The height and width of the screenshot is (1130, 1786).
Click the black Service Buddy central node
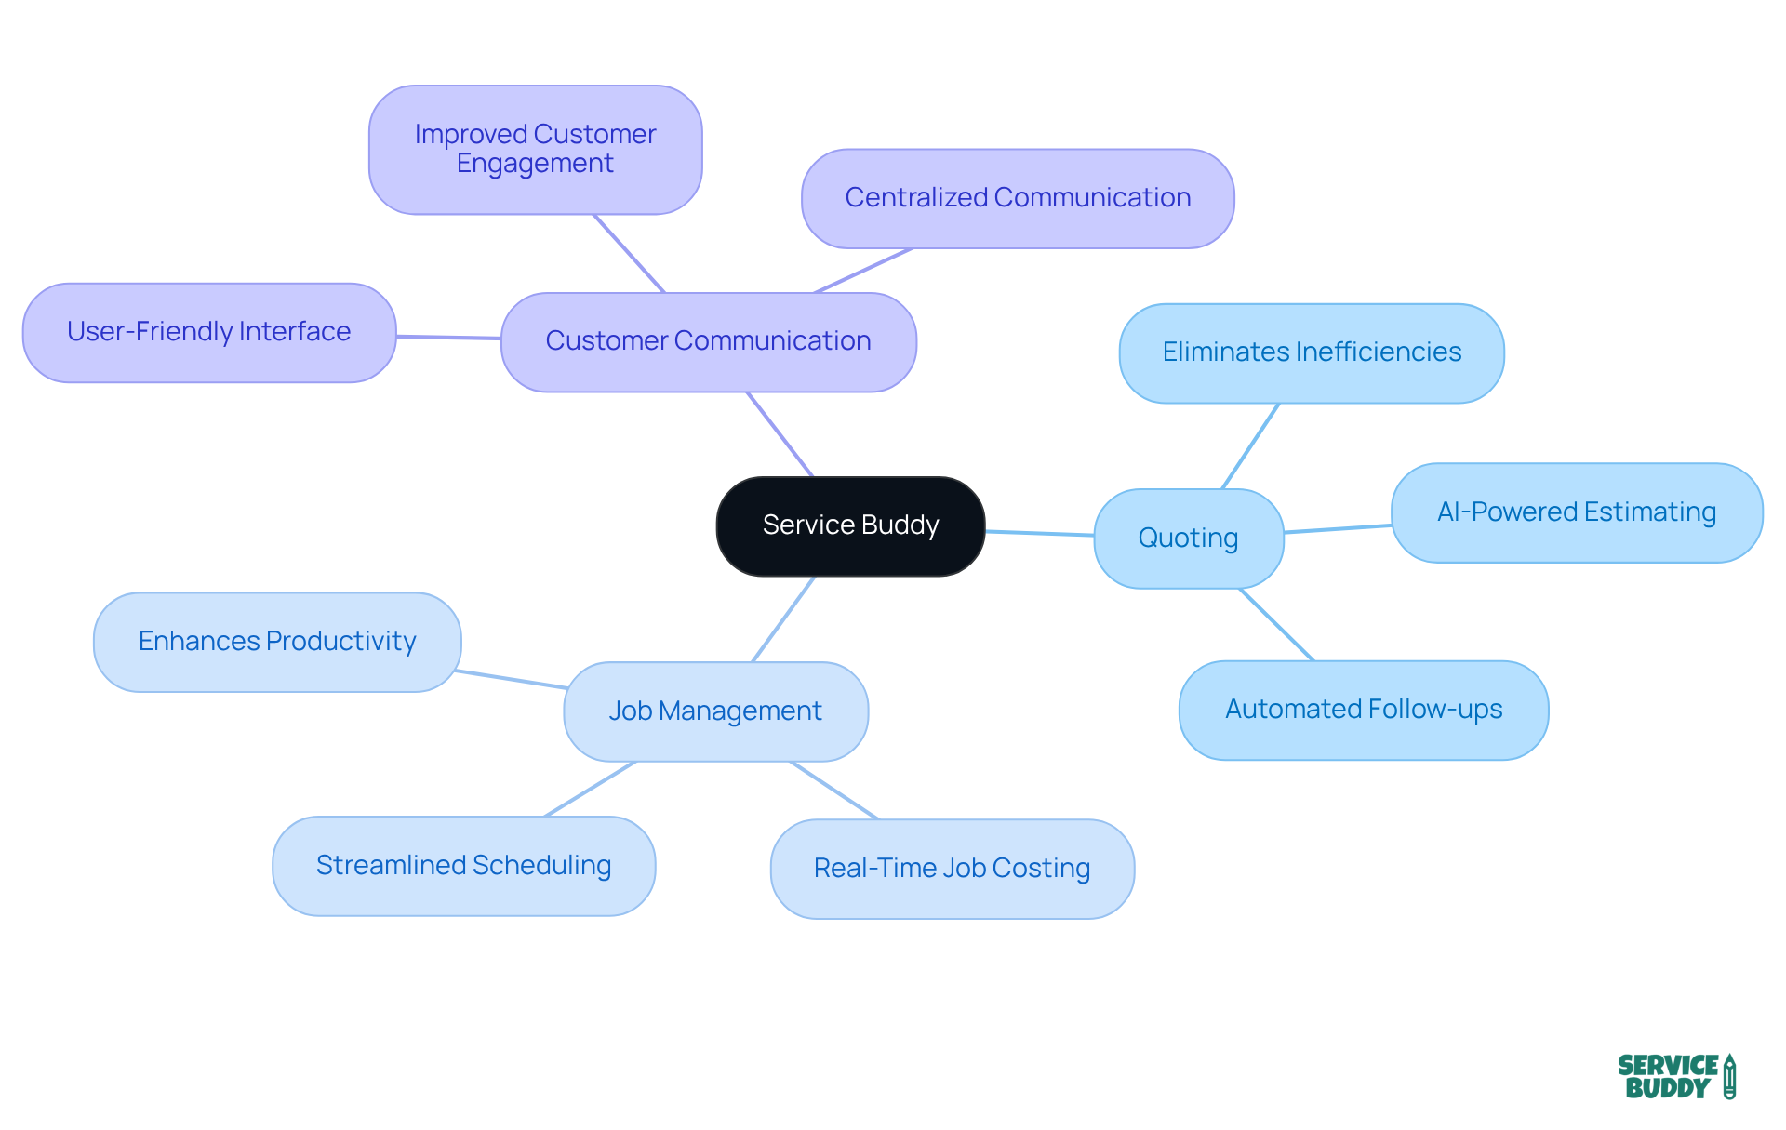pos(850,525)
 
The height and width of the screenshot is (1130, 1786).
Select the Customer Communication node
pos(708,341)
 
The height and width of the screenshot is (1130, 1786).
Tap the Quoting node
pos(1188,538)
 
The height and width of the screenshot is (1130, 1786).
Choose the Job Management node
pos(715,711)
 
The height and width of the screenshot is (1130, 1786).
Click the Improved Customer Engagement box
pos(535,149)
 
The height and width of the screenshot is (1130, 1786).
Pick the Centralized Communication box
pos(1018,198)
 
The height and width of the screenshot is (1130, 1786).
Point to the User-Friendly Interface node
pos(208,332)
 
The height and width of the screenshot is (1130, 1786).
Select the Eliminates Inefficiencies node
pos(1312,352)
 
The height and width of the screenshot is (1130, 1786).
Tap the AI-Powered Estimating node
pos(1576,512)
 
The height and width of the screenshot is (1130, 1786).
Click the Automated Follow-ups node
pos(1364,710)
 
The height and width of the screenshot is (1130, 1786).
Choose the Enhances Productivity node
pos(277,642)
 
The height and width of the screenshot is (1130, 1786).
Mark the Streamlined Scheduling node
pos(463,866)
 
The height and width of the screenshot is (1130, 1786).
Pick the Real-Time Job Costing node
pos(952,869)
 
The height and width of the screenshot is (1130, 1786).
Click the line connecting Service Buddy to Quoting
pos(1039,533)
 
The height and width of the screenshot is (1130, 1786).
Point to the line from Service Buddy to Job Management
pos(783,618)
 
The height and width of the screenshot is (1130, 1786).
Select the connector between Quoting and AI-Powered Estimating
pos(1338,528)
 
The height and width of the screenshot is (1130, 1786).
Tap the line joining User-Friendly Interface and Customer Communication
pos(448,337)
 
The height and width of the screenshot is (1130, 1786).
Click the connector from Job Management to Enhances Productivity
pos(512,679)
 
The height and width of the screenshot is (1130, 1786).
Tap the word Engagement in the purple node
pos(535,164)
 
